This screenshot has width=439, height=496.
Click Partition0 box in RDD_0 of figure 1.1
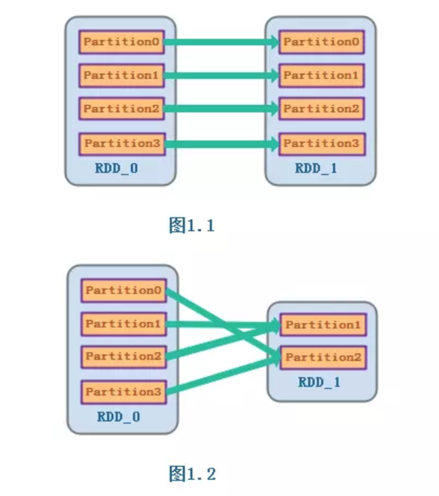(x=122, y=42)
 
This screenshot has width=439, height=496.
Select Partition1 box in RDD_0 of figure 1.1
(x=122, y=76)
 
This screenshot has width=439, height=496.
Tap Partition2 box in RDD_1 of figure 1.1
(x=321, y=109)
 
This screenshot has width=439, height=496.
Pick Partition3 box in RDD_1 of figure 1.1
(x=321, y=144)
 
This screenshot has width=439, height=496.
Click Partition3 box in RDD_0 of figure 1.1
(x=122, y=144)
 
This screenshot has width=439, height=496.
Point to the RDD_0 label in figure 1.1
(x=116, y=169)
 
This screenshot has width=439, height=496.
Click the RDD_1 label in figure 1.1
(x=316, y=169)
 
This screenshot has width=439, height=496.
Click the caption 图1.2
(x=192, y=474)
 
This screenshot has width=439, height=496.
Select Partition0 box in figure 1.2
(x=123, y=291)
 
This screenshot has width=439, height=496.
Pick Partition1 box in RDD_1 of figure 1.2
(x=323, y=325)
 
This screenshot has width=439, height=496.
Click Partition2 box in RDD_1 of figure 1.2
(x=323, y=358)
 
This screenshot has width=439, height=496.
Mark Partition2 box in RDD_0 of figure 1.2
(x=123, y=357)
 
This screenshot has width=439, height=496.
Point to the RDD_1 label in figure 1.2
(x=319, y=383)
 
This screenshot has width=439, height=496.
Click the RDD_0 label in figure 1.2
(x=118, y=417)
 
